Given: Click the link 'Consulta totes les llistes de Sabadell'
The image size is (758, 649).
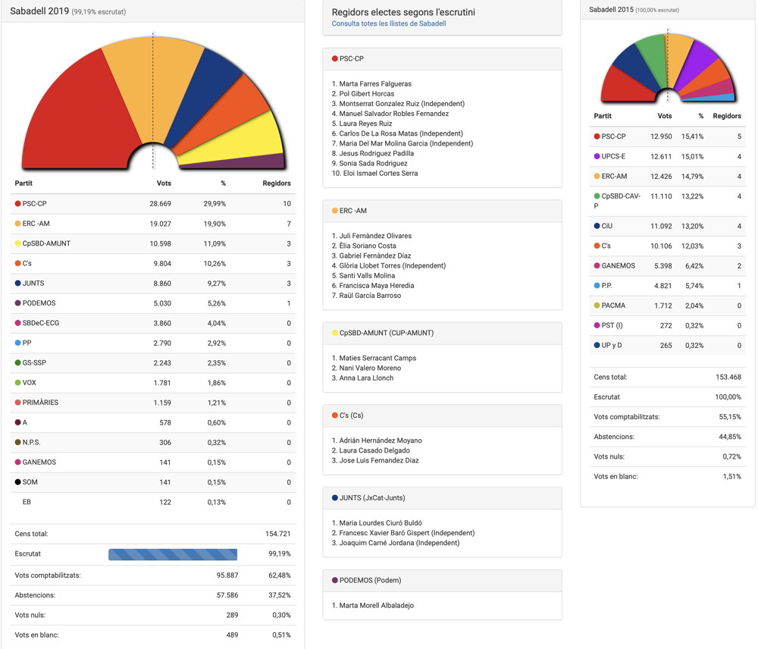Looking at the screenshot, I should click(x=389, y=24).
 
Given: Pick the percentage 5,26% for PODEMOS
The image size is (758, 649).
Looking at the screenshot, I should click(x=217, y=303).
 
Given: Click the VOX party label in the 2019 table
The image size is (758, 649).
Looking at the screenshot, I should click(x=30, y=383).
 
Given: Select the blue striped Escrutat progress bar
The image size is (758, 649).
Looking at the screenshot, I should click(x=173, y=554).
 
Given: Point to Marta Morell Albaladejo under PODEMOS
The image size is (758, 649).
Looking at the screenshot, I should click(x=376, y=606).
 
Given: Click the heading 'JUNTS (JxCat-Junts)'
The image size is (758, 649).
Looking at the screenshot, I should click(x=372, y=498).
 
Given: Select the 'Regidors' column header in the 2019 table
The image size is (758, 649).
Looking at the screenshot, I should click(x=276, y=183).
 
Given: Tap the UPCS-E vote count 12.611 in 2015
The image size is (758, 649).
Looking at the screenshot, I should click(x=660, y=157).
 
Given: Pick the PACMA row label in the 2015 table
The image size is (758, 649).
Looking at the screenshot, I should click(x=613, y=306).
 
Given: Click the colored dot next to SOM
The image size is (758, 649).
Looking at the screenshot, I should click(x=17, y=482).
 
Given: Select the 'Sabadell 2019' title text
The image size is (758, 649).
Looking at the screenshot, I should click(x=39, y=11).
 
